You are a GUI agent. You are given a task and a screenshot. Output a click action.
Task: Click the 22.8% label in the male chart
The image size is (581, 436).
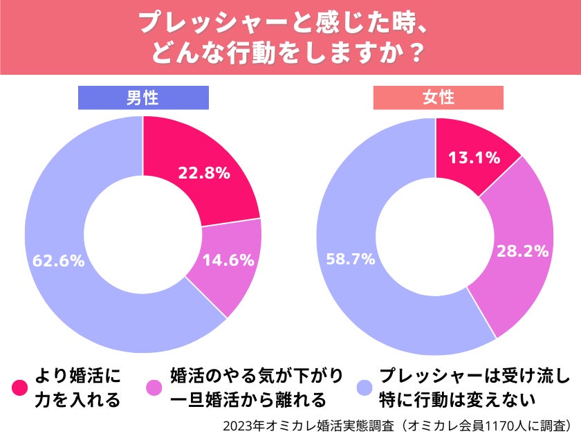(x=203, y=173)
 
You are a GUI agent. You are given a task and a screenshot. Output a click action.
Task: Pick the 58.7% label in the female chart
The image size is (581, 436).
(x=349, y=259)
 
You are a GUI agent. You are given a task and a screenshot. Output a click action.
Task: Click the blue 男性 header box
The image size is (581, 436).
(x=143, y=98)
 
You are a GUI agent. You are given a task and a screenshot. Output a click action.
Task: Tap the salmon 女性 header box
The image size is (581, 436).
(x=438, y=98)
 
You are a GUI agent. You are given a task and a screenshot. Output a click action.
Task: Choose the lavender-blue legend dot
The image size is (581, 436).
(x=362, y=388)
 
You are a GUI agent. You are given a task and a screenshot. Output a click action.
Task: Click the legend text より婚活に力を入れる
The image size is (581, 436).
(x=77, y=388)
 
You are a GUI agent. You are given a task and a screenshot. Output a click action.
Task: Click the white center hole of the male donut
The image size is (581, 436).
(x=143, y=235)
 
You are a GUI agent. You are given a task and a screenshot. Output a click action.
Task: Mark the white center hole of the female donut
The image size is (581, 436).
(x=436, y=236)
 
